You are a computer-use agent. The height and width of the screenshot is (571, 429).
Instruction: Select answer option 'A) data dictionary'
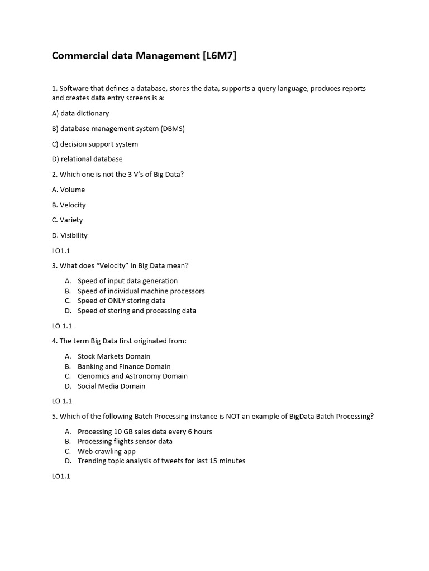80,113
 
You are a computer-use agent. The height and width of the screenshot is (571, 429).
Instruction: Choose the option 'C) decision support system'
95,144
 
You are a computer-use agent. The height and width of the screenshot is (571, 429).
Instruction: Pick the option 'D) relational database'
87,159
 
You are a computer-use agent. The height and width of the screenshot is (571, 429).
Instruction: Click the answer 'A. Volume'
68,190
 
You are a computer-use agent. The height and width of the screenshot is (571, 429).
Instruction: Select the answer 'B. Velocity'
69,205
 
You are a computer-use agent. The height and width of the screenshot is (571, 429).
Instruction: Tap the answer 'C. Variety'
67,220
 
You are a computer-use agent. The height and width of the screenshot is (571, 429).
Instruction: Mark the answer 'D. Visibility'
70,235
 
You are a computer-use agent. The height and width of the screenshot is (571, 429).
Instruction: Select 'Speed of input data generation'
127,281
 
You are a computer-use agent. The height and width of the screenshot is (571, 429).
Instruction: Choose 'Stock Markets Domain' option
114,356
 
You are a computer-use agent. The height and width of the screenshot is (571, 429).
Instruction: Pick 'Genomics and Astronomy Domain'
132,376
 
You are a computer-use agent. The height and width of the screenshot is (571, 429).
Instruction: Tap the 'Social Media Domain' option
111,386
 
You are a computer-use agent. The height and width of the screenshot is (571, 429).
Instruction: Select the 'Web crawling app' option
106,451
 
